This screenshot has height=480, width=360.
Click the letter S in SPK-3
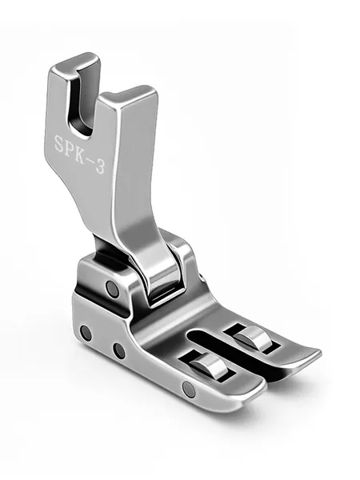pyautogui.click(x=60, y=143)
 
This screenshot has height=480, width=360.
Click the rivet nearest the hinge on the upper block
pyautogui.click(x=112, y=289)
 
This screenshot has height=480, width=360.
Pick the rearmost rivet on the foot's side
pyautogui.click(x=86, y=333)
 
